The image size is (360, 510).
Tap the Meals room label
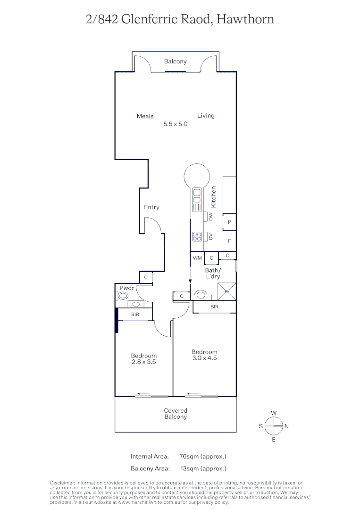pyautogui.click(x=145, y=116)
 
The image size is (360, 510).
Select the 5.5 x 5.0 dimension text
pyautogui.click(x=176, y=124)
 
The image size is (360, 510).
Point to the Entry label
pyautogui.click(x=151, y=207)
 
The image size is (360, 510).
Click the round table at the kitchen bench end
pyautogui.click(x=197, y=176)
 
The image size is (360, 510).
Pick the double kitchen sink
pyautogui.click(x=197, y=198)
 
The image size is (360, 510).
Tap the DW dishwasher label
pyautogui.click(x=211, y=217)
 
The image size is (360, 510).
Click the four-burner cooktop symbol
pyautogui.click(x=197, y=236)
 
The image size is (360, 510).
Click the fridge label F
pyautogui.click(x=229, y=241)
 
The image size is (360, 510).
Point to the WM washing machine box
pyautogui.click(x=197, y=258)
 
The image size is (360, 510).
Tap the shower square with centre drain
pyautogui.click(x=226, y=291)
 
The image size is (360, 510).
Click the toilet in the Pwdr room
pyautogui.click(x=122, y=296)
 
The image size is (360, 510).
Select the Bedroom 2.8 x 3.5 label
pyautogui.click(x=144, y=359)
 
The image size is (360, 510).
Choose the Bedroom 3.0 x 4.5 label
pyautogui.click(x=204, y=355)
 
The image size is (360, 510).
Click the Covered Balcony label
pyautogui.click(x=176, y=414)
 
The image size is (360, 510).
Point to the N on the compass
pyautogui.click(x=286, y=426)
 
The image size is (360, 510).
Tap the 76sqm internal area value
pyautogui.click(x=203, y=456)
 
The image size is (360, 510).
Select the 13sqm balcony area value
pyautogui.click(x=203, y=468)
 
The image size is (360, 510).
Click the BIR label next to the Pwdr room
pyautogui.click(x=135, y=314)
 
